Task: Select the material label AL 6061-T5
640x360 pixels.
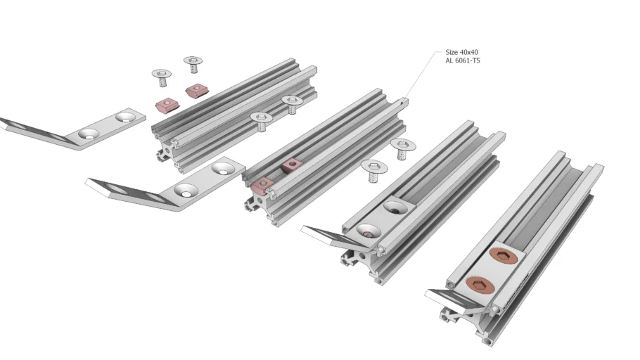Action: click(x=463, y=60)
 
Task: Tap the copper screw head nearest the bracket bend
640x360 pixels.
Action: click(x=480, y=285)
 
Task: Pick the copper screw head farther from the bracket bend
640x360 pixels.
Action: click(x=504, y=256)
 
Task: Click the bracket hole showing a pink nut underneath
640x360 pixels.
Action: click(x=369, y=231)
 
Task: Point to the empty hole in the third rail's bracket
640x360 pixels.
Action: click(x=395, y=208)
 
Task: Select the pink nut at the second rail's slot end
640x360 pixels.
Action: click(x=262, y=186)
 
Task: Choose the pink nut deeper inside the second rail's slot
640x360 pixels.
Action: click(x=291, y=165)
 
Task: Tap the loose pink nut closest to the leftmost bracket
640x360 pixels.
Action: click(x=168, y=105)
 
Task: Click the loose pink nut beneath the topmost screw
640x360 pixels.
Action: click(x=197, y=91)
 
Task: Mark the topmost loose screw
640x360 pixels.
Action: click(x=193, y=64)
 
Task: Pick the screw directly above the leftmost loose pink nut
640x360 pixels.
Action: click(x=162, y=77)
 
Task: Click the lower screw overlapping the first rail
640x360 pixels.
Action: click(x=262, y=121)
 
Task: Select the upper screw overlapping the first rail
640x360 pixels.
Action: click(x=292, y=104)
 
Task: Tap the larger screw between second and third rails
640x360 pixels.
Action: click(x=374, y=170)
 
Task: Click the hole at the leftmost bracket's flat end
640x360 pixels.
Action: click(x=125, y=117)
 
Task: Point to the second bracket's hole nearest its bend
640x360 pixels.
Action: click(x=186, y=191)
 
